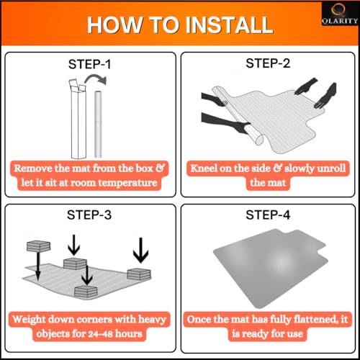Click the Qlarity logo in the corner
click(340, 14)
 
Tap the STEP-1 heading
click(89, 64)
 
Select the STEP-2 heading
click(268, 63)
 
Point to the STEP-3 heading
click(89, 215)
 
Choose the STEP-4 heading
click(268, 215)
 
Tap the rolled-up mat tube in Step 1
click(98, 124)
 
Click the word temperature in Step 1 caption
click(127, 183)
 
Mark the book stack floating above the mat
click(38, 246)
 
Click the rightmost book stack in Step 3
click(139, 274)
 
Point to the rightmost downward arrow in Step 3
click(141, 250)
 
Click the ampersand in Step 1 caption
click(161, 168)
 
